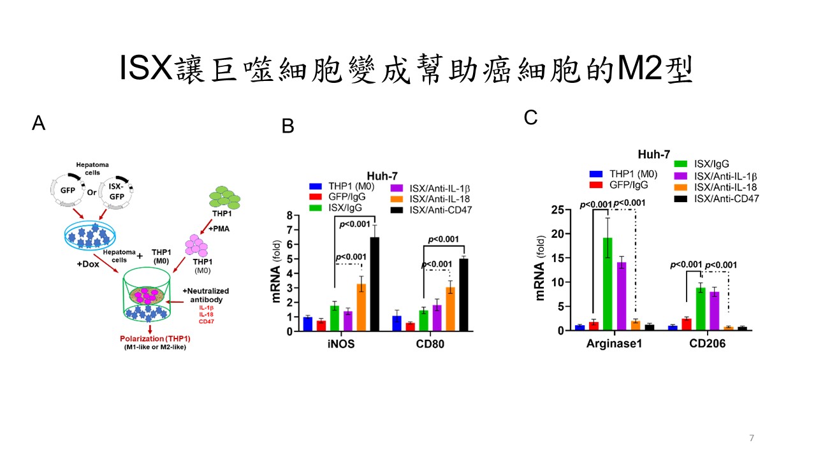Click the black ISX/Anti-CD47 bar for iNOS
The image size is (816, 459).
tap(374, 284)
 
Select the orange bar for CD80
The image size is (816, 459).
tap(450, 309)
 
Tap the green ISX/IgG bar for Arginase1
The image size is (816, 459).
tap(608, 284)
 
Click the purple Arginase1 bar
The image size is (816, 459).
tap(622, 296)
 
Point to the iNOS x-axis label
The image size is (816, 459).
tap(341, 344)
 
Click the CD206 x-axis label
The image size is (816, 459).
tap(708, 343)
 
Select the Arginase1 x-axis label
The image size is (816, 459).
tap(614, 344)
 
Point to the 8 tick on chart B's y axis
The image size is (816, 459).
tap(289, 215)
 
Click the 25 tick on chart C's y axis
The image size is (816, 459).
tap(557, 210)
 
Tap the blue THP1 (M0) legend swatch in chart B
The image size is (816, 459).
tap(316, 186)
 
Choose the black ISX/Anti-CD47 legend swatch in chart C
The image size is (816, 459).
tap(680, 199)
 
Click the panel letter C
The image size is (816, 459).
tap(531, 118)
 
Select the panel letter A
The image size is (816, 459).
tap(39, 123)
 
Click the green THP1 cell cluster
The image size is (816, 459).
tap(225, 198)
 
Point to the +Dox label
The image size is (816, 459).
tap(88, 264)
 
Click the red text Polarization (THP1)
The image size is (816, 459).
tap(155, 339)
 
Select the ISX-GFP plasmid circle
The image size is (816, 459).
tap(116, 193)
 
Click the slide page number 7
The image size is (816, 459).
tap(752, 438)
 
